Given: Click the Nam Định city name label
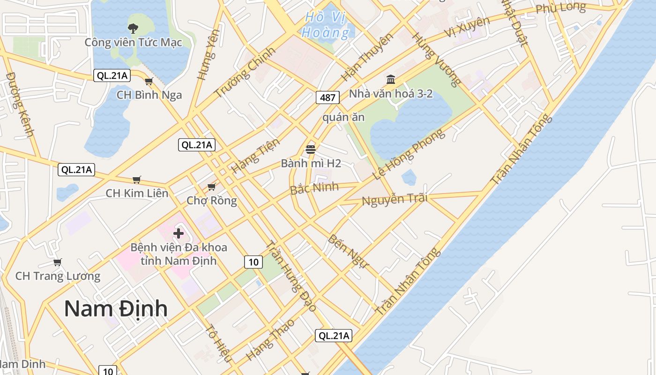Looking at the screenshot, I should pos(116,308).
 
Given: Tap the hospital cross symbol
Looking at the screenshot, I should pos(179,233).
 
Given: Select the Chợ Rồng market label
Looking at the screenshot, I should pos(212,201).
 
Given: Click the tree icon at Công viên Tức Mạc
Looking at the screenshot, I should pos(133,28).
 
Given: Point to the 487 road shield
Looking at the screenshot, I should pos(328,97).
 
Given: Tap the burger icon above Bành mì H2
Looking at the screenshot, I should pos(310,150).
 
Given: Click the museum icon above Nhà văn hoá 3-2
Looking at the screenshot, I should pos(391,79).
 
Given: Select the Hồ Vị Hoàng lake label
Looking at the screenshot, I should pos(326,25).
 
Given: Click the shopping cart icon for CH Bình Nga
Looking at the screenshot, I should pos(149,82).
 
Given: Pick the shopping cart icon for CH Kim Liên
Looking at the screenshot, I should pos(137,180).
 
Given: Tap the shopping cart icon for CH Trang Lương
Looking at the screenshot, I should pos(58,262).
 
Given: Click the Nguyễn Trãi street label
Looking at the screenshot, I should pos(395,199).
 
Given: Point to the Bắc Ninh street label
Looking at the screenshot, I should pos(314,188).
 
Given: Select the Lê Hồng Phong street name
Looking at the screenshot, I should pos(409,155).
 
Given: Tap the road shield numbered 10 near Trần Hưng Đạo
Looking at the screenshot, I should pos(253,262).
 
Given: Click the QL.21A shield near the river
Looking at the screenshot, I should pos(333,336).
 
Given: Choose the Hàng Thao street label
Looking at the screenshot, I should pos(270,339).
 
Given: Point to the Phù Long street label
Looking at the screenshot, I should pos(560,8).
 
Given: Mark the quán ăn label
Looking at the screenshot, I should pos(343,117).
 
